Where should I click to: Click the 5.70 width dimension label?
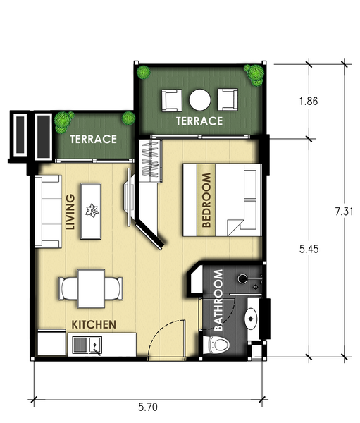pos(148,407)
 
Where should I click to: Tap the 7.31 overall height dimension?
pos(344,211)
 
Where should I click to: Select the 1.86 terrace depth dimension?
pos(309,101)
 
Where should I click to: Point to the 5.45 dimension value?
pos(309,249)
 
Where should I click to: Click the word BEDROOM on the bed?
pos(206,200)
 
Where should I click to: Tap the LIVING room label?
pos(70,212)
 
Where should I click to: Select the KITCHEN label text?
pos(94,324)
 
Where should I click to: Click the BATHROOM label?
pos(218,300)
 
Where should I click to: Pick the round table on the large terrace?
pos(200,100)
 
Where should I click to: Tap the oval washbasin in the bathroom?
pos(251,319)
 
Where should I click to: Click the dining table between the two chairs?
pos(91,288)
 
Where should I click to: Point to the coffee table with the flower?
pos(91,211)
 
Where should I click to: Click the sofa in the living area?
pos(48,211)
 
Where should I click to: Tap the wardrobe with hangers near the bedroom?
pos(151,161)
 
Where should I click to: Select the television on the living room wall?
pos(128,197)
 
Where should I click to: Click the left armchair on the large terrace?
pos(171,100)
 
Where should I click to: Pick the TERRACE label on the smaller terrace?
pos(94,139)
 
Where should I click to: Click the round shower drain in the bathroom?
pos(242,278)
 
